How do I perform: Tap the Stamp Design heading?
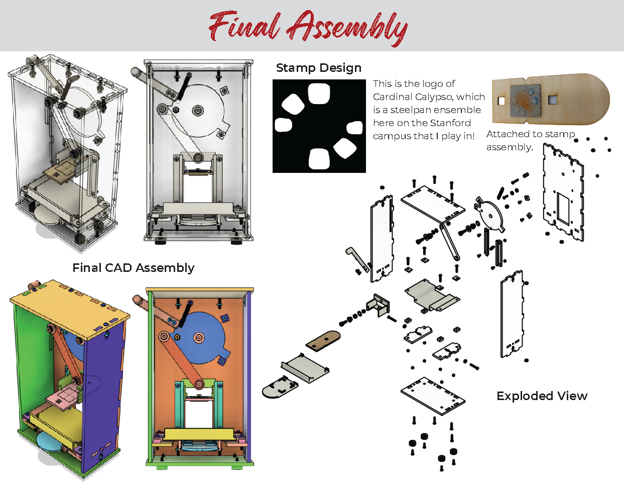(319, 68)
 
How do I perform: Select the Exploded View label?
(542, 396)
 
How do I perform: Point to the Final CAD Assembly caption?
(134, 268)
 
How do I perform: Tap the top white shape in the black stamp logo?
(319, 93)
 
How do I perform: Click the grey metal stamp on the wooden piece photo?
(525, 100)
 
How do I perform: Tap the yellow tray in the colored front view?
(199, 434)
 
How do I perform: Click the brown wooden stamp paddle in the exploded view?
(323, 341)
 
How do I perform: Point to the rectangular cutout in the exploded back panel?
(563, 208)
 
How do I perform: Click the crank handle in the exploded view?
(357, 259)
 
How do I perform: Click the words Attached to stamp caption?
(531, 134)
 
